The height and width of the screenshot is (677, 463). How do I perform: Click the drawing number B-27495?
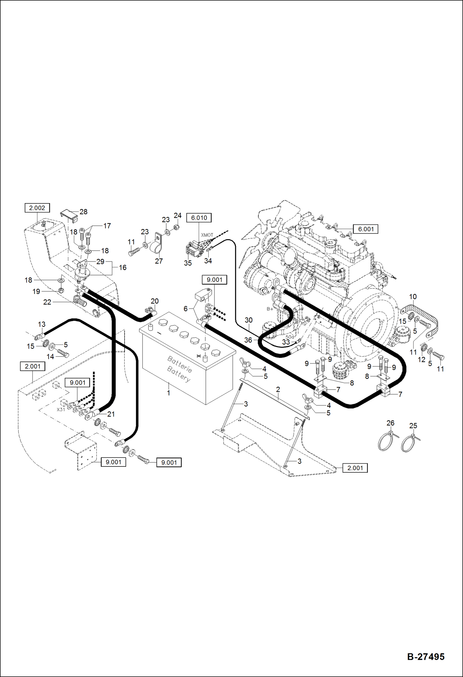click(x=426, y=656)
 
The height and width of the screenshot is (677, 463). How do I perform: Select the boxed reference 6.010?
click(x=199, y=218)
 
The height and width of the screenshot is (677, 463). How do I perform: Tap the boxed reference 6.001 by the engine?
click(x=366, y=229)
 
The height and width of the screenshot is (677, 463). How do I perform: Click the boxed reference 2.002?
click(x=37, y=208)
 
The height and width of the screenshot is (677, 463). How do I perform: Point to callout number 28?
click(x=83, y=212)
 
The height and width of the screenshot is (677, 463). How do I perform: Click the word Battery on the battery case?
click(x=179, y=373)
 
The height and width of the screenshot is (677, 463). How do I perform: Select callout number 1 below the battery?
click(x=168, y=393)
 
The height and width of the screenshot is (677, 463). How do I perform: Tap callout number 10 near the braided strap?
click(x=413, y=297)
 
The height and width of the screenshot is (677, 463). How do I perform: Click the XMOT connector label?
click(x=207, y=235)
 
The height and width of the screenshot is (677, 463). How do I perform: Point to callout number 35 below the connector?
click(x=188, y=263)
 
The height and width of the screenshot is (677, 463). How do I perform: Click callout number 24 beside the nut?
click(x=177, y=215)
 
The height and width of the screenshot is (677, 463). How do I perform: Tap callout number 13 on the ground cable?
click(x=42, y=324)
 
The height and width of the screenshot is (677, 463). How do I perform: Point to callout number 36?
click(x=248, y=340)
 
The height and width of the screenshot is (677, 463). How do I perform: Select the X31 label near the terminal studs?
click(x=61, y=409)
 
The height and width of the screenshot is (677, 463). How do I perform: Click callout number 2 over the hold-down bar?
click(x=278, y=390)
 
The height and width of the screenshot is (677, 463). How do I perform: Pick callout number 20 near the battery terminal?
click(x=155, y=301)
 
